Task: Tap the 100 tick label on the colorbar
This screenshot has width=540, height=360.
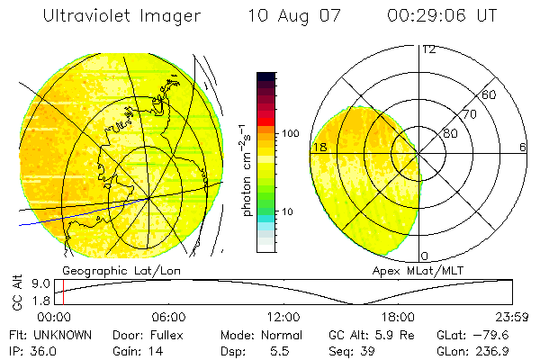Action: pos(291,133)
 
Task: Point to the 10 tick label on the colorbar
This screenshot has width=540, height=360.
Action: pos(289,211)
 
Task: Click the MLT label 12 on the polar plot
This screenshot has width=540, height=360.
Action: pos(428,49)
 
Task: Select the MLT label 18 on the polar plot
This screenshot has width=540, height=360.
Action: pos(319,147)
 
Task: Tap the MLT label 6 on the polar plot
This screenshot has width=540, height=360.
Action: pos(522,147)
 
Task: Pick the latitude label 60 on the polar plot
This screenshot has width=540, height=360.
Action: pos(490,94)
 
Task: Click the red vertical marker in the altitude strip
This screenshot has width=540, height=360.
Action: pos(64,292)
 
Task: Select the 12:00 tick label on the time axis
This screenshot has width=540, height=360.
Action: pos(283,317)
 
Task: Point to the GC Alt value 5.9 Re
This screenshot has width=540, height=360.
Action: pos(388,334)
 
